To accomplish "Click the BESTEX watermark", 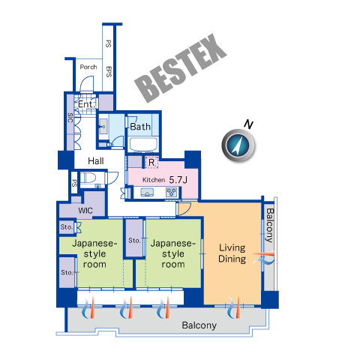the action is point(181,68).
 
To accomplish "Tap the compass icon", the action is point(238,145).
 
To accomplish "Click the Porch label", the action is point(88,67).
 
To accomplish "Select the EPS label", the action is point(109,72).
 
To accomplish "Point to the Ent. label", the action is point(87,104).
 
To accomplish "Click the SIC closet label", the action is point(70,118).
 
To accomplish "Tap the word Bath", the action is point(140,127).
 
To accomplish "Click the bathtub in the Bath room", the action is point(143,144).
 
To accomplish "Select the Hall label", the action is point(96,161).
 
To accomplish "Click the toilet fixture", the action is point(88,178).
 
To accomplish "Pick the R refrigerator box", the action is point(151,163).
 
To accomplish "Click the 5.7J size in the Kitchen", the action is point(178,180).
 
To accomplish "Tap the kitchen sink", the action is point(147,193).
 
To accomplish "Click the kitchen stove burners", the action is point(172,193).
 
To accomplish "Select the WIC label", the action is point(85,211).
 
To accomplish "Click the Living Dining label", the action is point(232,253).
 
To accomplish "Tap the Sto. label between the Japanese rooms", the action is point(134,241).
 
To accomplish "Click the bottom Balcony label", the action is point(199,325).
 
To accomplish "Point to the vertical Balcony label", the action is point(269,225).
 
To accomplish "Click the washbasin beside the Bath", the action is point(103,127).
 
